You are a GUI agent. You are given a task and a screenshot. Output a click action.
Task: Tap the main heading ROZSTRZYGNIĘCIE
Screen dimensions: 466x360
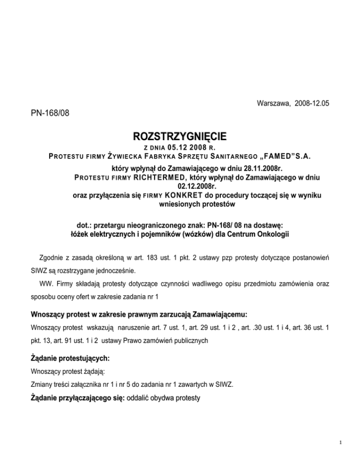(180, 137)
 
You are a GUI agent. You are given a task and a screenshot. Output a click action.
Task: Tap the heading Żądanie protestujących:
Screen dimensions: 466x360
(70, 358)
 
